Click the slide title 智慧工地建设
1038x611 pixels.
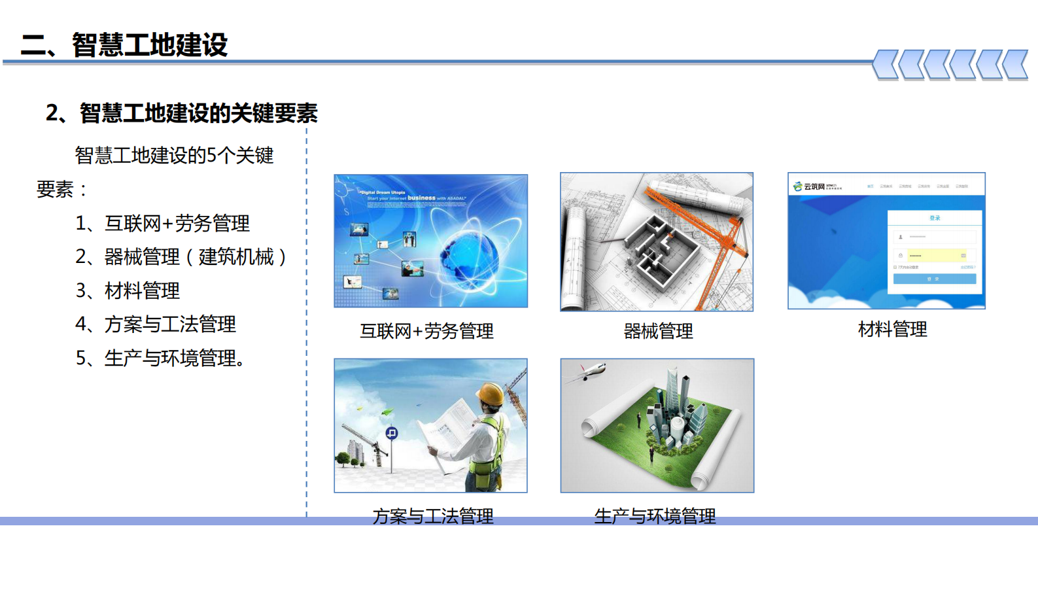[x=149, y=45]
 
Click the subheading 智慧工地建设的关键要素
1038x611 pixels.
[x=198, y=113]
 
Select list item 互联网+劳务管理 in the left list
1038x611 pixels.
[x=177, y=224]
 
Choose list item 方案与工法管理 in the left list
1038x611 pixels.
[x=169, y=324]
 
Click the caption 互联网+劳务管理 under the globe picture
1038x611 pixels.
[x=426, y=332]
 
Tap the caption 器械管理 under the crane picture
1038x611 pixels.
[x=658, y=332]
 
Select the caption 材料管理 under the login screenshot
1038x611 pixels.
[x=892, y=329]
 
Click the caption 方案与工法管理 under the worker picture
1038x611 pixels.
[x=433, y=515]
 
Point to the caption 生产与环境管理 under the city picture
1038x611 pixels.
[x=655, y=515]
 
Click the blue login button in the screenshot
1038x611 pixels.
[x=934, y=279]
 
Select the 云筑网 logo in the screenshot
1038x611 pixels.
[x=811, y=186]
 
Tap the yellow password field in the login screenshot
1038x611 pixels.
[x=935, y=255]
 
